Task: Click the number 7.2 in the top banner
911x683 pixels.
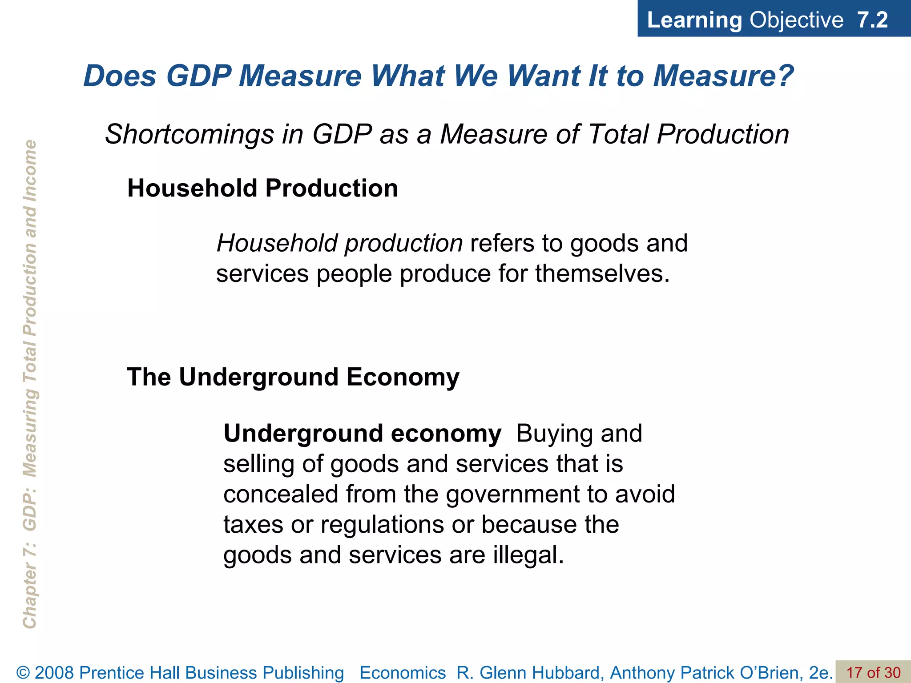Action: (x=872, y=20)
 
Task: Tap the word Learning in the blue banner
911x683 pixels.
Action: (x=694, y=20)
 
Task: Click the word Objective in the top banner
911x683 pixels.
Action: (x=796, y=20)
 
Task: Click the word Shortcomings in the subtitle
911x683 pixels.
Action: (x=189, y=134)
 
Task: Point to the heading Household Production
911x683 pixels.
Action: (x=262, y=188)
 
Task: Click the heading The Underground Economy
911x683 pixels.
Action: (x=293, y=377)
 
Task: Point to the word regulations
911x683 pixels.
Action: (x=382, y=524)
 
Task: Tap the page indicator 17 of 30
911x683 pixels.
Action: (x=873, y=672)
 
